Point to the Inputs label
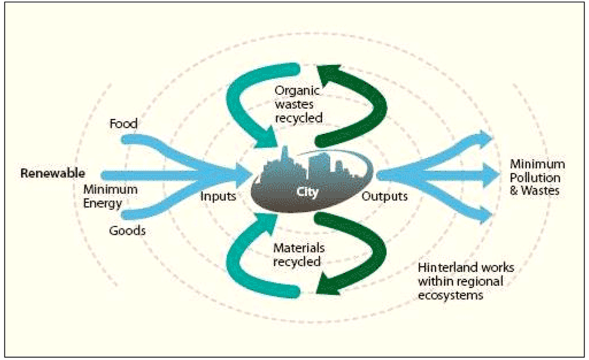pos(218,196)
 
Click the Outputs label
pos(385,196)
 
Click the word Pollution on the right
pos(535,177)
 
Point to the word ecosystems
pos(450,294)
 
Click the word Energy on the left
pos(102,202)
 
